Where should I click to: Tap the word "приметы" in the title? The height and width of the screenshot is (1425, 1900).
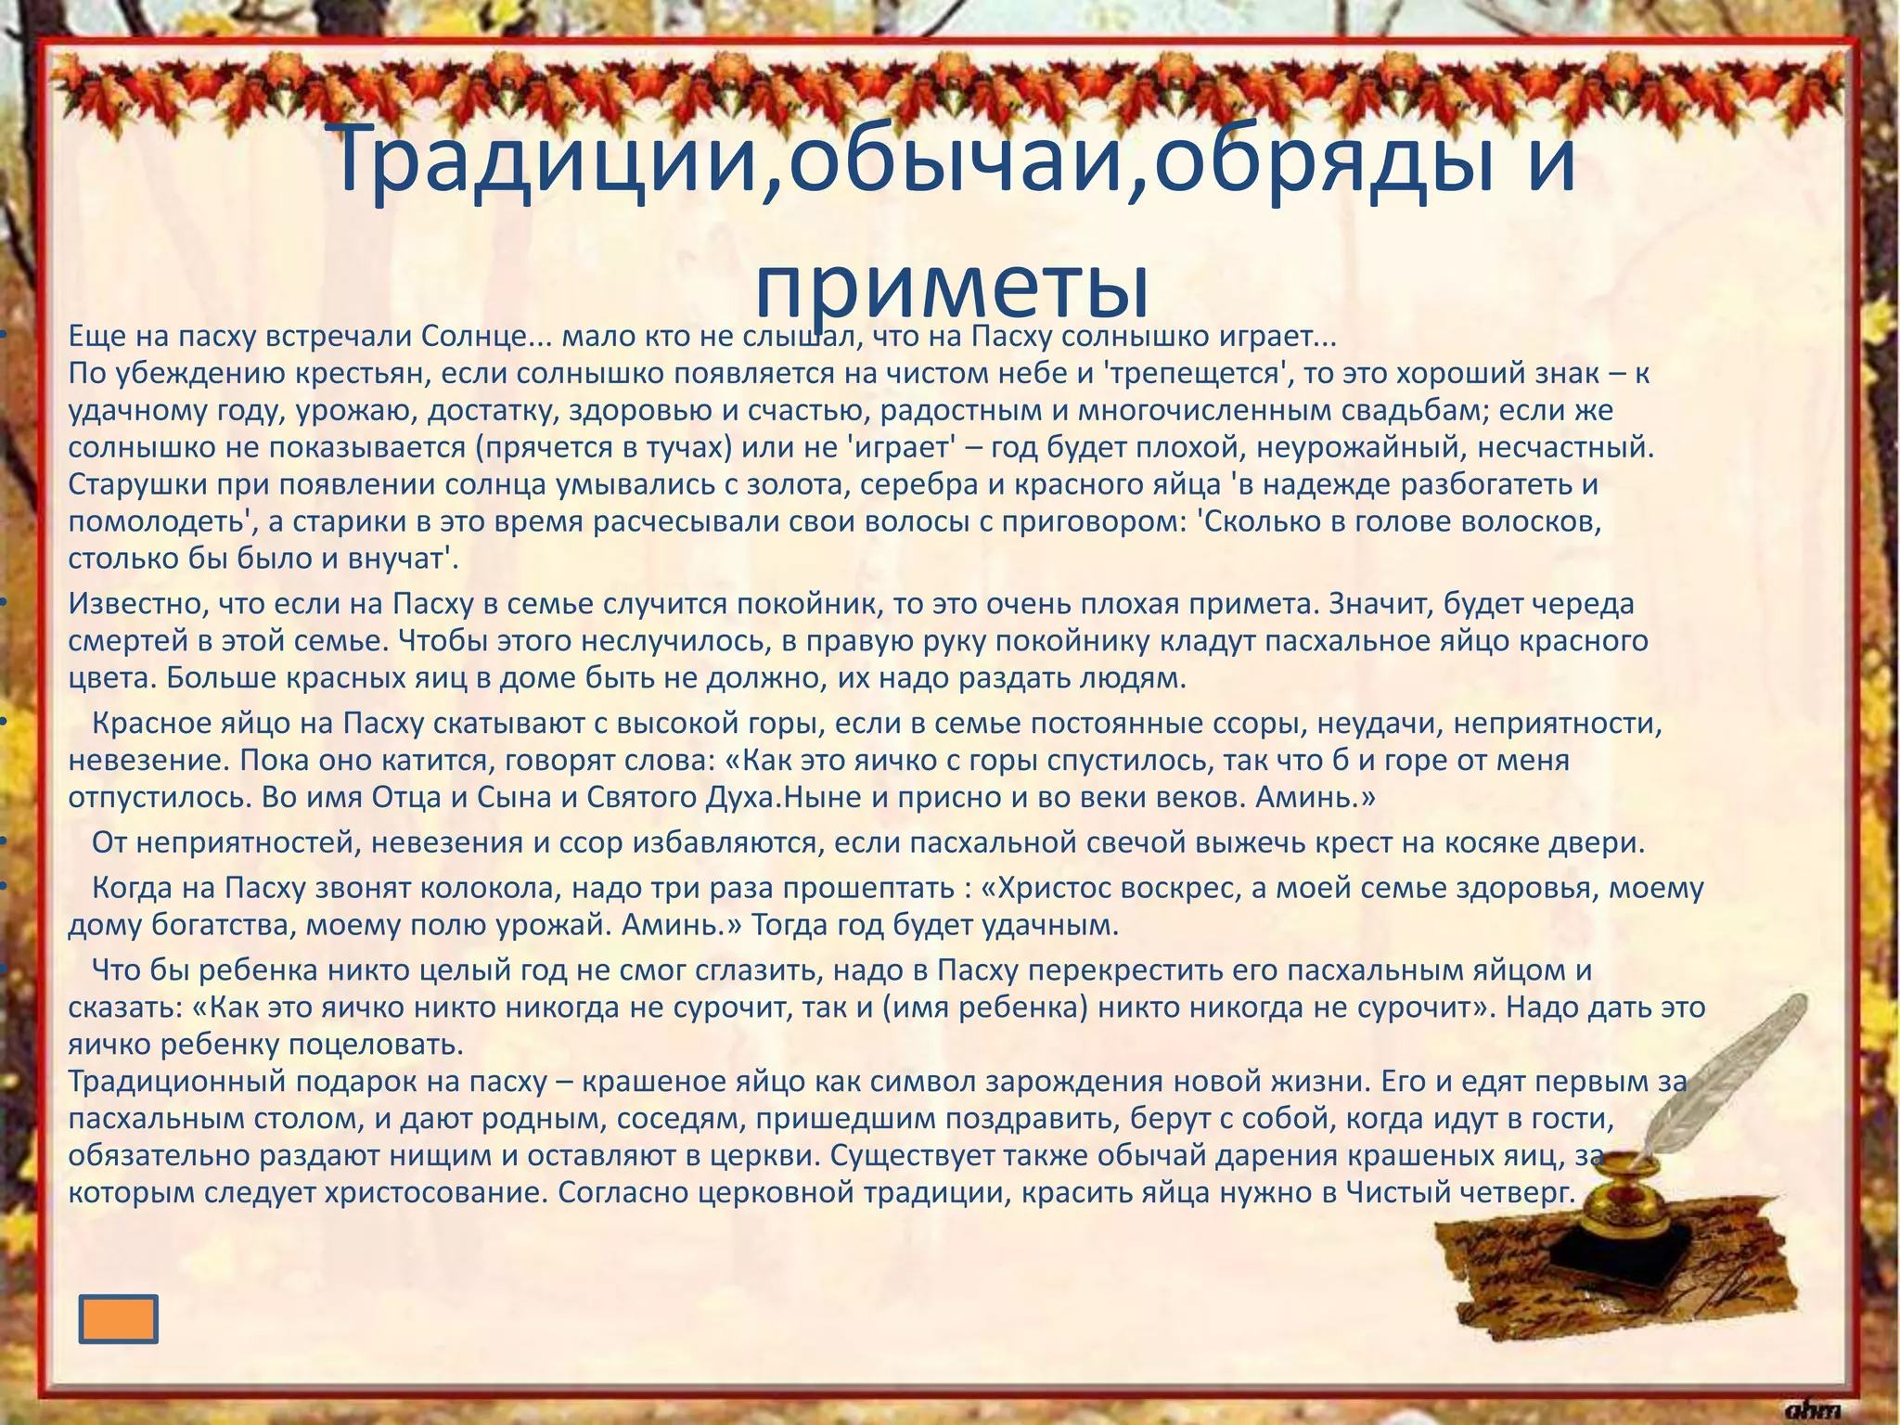(952, 286)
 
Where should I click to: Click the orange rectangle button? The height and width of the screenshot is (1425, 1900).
(118, 1319)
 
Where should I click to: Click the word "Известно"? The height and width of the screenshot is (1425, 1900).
(138, 604)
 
